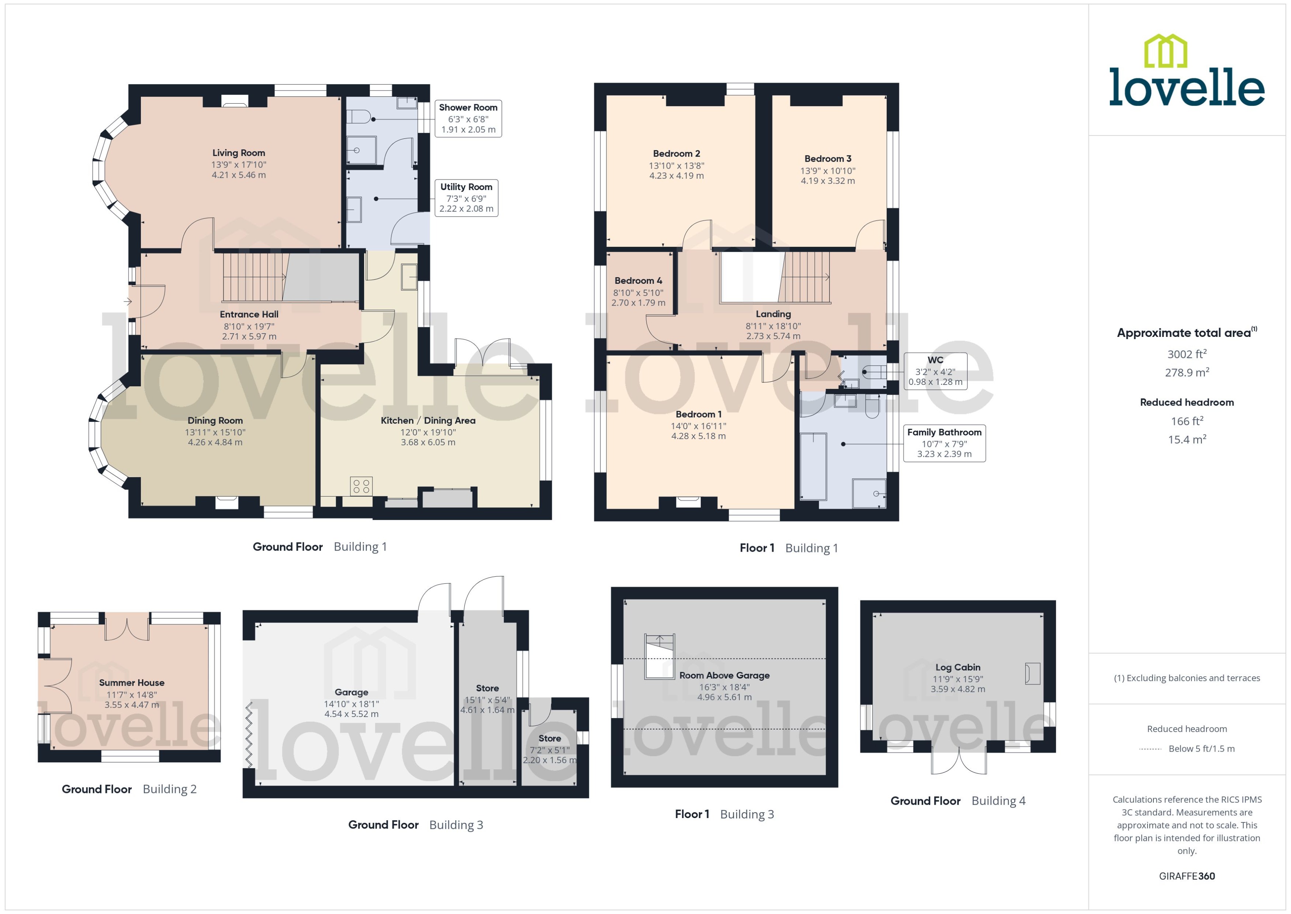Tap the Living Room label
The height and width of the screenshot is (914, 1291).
[239, 152]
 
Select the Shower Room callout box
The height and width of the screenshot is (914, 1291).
[468, 118]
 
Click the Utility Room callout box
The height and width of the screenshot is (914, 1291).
[466, 197]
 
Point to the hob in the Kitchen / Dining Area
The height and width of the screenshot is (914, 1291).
[361, 486]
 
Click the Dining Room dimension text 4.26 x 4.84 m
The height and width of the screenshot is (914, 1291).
[215, 442]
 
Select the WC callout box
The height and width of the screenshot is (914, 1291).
[935, 371]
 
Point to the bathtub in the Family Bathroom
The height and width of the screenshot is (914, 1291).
[813, 466]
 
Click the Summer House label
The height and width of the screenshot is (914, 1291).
[132, 683]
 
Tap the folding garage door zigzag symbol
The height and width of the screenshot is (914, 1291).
[249, 735]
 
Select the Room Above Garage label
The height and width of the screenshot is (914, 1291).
[724, 675]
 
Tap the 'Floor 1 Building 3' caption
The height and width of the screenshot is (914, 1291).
[724, 814]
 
